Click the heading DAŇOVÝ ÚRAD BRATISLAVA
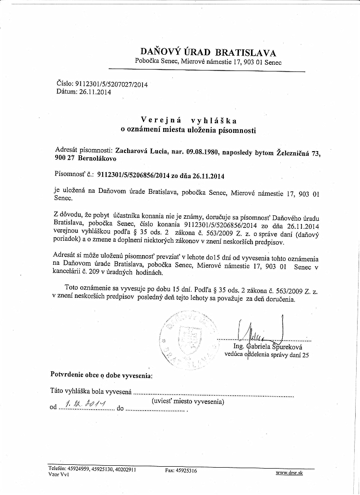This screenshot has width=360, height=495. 208,52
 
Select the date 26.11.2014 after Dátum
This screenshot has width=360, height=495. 95,92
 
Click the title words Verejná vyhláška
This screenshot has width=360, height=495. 189,120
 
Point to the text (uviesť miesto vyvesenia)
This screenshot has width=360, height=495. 187,401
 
